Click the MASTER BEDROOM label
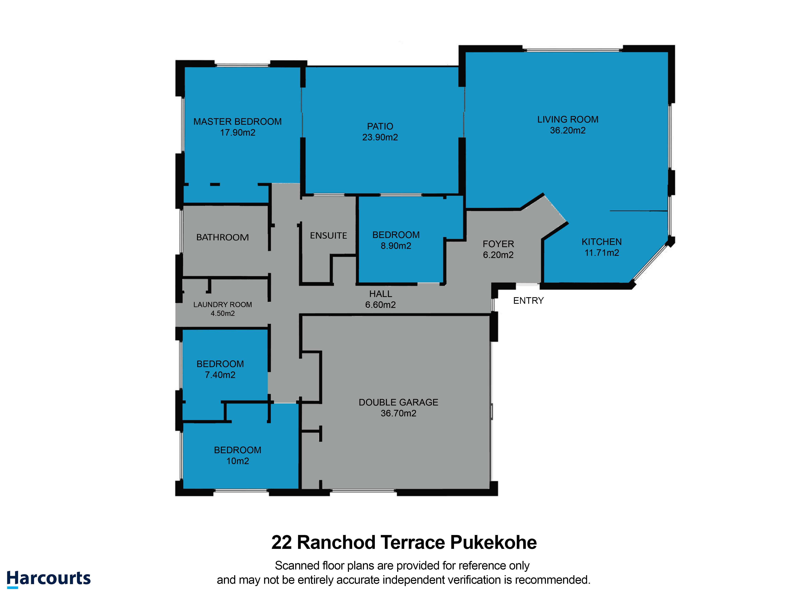point(237,122)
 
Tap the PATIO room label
point(380,126)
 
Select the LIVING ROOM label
point(567,120)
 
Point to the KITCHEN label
point(602,242)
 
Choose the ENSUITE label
point(328,236)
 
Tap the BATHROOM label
point(222,237)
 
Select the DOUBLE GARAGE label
point(398,403)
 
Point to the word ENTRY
point(528,301)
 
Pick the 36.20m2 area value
point(567,130)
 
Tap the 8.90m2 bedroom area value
point(396,246)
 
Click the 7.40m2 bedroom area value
point(220,375)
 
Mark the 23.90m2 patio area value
point(380,137)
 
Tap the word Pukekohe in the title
point(493,543)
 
